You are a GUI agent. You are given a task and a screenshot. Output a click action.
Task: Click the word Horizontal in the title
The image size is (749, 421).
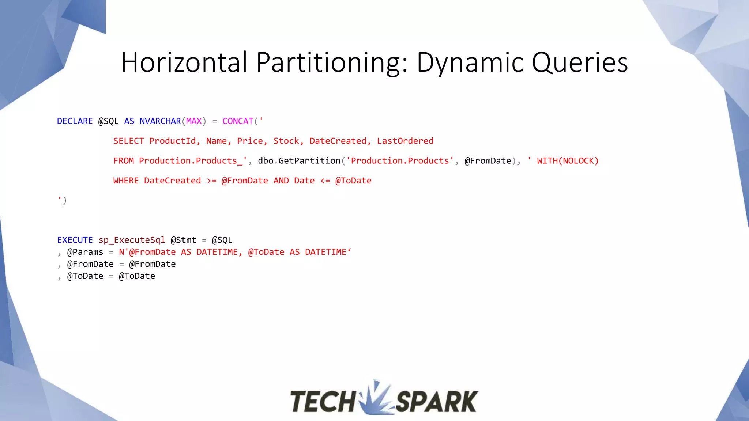[184, 62]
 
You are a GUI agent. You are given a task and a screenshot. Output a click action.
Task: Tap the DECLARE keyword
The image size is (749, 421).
[75, 121]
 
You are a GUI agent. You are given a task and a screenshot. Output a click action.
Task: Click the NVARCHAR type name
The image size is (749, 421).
[160, 121]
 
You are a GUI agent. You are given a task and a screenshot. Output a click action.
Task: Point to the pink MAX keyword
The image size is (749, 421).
[194, 121]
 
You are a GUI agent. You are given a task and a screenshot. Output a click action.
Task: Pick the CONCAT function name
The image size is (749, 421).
[238, 121]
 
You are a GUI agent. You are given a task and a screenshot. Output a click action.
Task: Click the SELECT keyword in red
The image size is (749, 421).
[128, 141]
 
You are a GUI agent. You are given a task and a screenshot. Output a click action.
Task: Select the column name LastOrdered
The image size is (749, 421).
[405, 141]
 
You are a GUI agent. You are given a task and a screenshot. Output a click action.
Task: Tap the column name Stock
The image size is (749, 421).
[286, 141]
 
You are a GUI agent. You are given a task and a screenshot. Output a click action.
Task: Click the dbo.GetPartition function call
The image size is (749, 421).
[299, 161]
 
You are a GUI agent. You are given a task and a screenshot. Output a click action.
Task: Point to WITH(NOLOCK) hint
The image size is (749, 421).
[567, 161]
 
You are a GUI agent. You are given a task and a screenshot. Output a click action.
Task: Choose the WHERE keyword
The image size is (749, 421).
[126, 181]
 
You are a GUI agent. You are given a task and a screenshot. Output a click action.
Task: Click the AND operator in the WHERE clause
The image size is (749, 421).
[281, 181]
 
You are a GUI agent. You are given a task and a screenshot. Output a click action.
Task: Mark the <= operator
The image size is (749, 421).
[325, 181]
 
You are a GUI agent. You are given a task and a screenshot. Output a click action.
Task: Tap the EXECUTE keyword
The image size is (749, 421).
[75, 240]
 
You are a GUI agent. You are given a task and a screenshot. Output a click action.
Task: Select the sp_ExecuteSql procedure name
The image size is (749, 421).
[132, 240]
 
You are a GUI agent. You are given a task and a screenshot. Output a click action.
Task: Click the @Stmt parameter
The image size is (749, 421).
[183, 240]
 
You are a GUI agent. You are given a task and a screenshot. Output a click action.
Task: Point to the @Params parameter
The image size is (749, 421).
[85, 252]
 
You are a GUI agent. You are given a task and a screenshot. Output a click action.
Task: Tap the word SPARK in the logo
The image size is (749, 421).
[437, 401]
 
